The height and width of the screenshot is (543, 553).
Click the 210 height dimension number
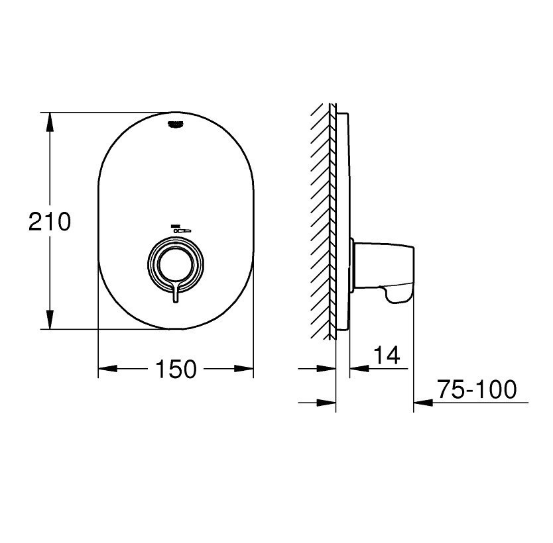click(49, 221)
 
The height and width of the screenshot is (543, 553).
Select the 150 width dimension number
click(176, 369)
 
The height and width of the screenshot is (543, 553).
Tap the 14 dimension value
click(387, 356)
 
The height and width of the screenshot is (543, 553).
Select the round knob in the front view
click(176, 262)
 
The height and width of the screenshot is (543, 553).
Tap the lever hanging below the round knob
click(176, 294)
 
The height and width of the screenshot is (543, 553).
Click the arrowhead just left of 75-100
click(424, 402)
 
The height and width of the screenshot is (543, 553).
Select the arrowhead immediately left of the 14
click(358, 369)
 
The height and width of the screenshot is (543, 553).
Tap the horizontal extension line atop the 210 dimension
click(106, 113)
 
